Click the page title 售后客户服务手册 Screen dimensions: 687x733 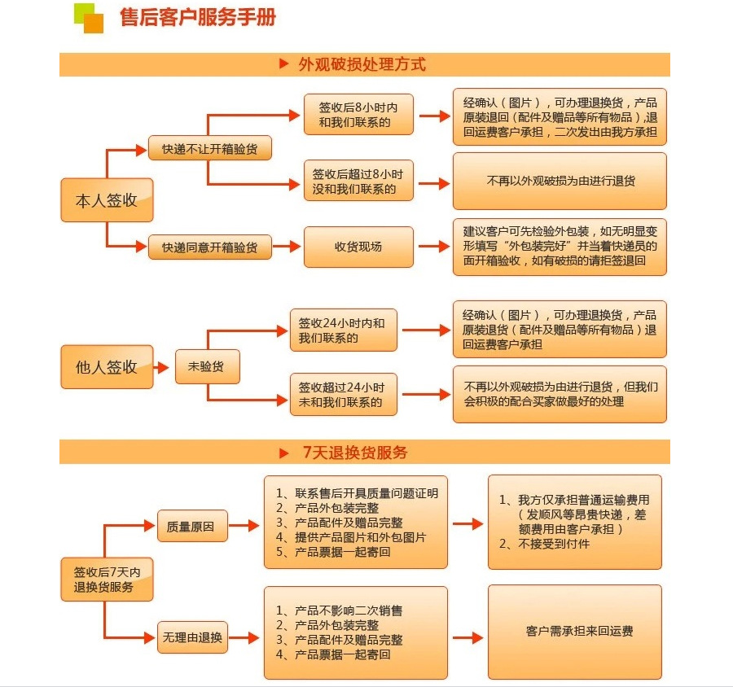click(x=197, y=17)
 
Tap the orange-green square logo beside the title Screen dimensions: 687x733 click(x=89, y=18)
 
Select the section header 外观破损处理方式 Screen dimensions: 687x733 click(x=362, y=64)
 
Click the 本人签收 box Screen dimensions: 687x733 click(x=107, y=200)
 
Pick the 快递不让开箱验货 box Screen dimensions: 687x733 click(x=209, y=149)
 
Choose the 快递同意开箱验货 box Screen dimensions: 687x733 click(x=209, y=247)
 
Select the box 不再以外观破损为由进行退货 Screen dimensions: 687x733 click(x=560, y=181)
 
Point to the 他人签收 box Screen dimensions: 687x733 click(x=107, y=366)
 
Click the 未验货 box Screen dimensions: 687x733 click(x=208, y=366)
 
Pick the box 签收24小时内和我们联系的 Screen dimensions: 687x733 click(x=343, y=330)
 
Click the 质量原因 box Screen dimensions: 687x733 click(x=191, y=527)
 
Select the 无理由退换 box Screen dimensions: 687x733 click(x=191, y=637)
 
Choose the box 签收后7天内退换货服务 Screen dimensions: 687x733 click(x=107, y=580)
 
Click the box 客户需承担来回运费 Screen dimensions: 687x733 click(x=574, y=631)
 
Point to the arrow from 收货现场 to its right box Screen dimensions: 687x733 click(x=433, y=247)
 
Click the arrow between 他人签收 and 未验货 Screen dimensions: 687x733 click(x=164, y=366)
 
